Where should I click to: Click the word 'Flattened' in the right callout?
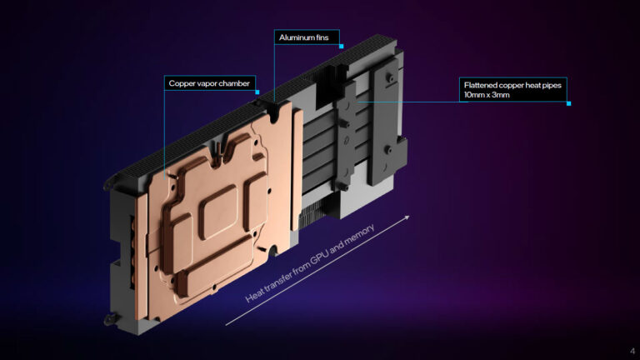[x=481, y=84]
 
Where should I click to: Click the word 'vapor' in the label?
[x=205, y=83]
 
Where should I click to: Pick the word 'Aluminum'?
[x=293, y=38]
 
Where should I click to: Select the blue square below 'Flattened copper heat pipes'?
[x=568, y=103]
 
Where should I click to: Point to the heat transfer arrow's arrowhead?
[x=407, y=217]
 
